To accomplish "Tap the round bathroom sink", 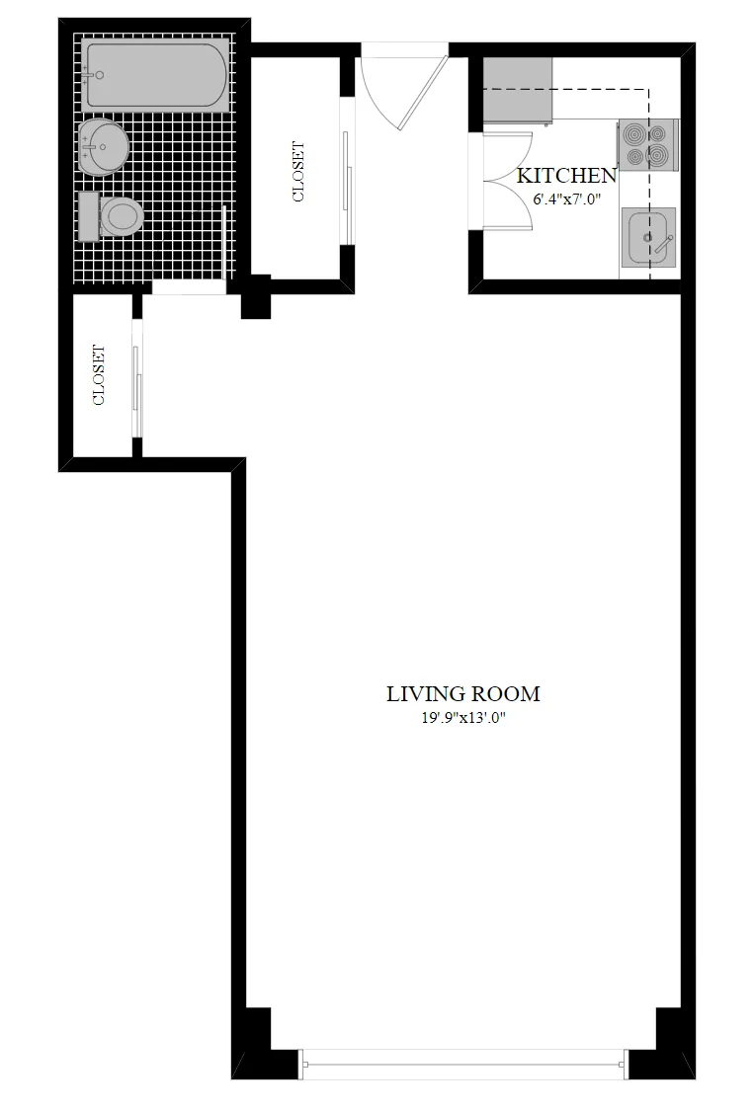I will click(x=103, y=146).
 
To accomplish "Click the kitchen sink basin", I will click(x=647, y=238).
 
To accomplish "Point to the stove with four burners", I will click(x=648, y=143).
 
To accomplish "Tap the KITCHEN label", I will click(x=567, y=176).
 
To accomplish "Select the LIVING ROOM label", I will click(x=462, y=694).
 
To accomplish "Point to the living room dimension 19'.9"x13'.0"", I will click(x=462, y=718).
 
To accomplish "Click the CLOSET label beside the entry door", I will click(x=298, y=172).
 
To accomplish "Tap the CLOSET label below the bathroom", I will click(x=99, y=374).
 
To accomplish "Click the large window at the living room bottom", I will click(x=464, y=1063).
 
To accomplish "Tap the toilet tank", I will click(x=88, y=214).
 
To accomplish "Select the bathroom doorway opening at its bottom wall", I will click(x=189, y=287).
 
